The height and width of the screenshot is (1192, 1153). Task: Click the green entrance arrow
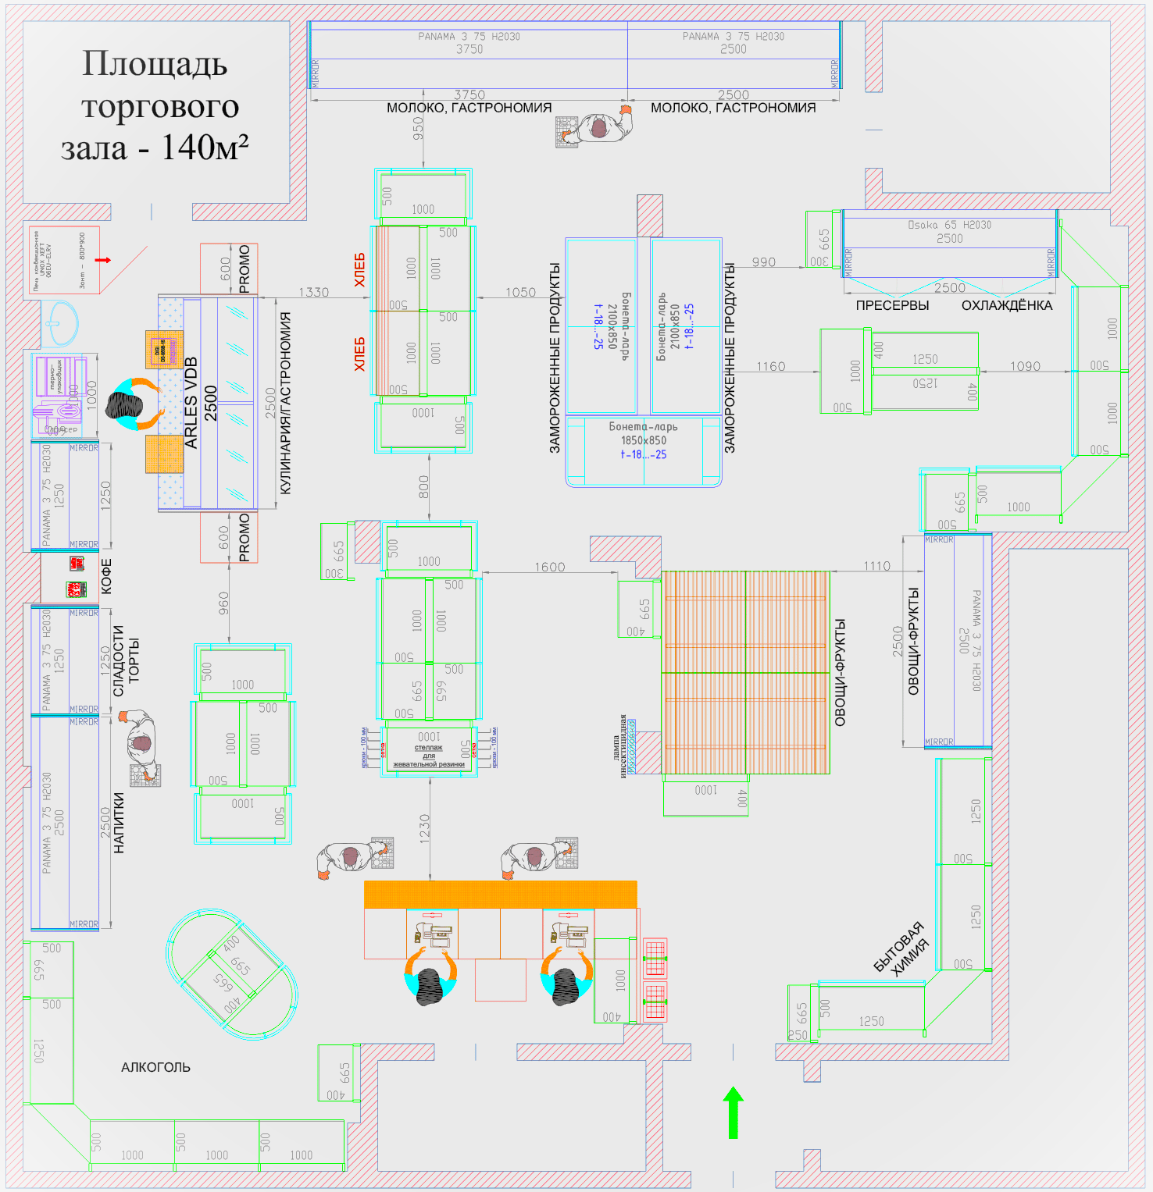[733, 1112]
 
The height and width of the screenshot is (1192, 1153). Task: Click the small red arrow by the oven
[103, 260]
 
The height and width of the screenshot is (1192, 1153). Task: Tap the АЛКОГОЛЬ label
[155, 1067]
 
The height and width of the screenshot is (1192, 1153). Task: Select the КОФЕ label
[107, 576]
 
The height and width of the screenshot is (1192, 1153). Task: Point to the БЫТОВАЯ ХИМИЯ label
[901, 948]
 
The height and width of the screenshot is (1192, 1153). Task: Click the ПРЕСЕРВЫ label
[892, 305]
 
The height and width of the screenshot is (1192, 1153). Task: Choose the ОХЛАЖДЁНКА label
[1007, 305]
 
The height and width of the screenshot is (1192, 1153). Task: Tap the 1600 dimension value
[549, 567]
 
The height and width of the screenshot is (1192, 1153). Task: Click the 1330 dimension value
[313, 292]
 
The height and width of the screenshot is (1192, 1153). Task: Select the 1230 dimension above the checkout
[424, 828]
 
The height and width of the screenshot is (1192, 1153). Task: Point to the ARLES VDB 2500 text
[201, 403]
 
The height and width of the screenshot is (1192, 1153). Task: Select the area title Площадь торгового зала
[155, 106]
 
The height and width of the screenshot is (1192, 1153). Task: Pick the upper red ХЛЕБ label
[359, 269]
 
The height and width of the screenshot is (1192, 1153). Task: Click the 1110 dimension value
[876, 566]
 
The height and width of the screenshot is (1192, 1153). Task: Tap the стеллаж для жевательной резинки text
[429, 756]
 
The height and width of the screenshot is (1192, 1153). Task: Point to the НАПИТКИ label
[119, 822]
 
